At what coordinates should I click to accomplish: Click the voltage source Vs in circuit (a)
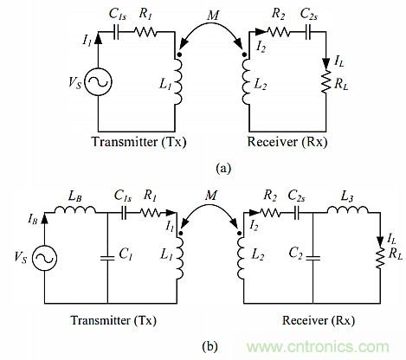click(x=98, y=84)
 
